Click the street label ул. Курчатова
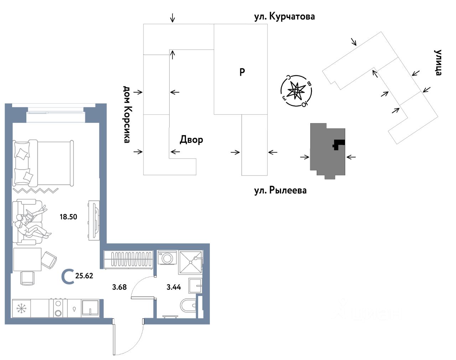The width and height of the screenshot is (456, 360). pyautogui.click(x=284, y=16)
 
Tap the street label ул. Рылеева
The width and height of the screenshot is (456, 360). pyautogui.click(x=280, y=190)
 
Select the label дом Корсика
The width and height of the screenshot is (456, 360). pyautogui.click(x=126, y=114)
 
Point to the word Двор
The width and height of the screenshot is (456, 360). pyautogui.click(x=191, y=140)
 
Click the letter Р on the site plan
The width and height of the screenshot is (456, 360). pyautogui.click(x=242, y=72)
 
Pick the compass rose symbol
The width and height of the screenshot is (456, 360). pyautogui.click(x=296, y=91)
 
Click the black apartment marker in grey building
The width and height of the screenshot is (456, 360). pyautogui.click(x=338, y=144)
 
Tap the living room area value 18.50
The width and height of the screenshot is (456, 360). pyautogui.click(x=68, y=216)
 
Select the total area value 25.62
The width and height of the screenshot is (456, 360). pyautogui.click(x=84, y=276)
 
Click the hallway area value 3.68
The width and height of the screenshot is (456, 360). pyautogui.click(x=119, y=287)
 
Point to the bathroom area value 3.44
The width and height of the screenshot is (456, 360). pyautogui.click(x=174, y=287)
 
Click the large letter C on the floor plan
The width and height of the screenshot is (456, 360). pyautogui.click(x=68, y=277)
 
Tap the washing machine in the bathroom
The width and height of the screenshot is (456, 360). pyautogui.click(x=167, y=258)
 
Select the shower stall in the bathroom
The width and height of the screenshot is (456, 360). pyautogui.click(x=191, y=262)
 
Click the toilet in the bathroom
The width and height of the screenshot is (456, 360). pyautogui.click(x=188, y=306)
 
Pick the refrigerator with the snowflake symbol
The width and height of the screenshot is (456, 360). pyautogui.click(x=21, y=308)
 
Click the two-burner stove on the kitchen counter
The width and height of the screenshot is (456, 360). pyautogui.click(x=58, y=308)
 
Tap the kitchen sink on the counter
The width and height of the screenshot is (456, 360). pyautogui.click(x=90, y=308)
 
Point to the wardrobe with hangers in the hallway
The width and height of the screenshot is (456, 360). pyautogui.click(x=129, y=259)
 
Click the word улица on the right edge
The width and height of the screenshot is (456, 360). pyautogui.click(x=438, y=63)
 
